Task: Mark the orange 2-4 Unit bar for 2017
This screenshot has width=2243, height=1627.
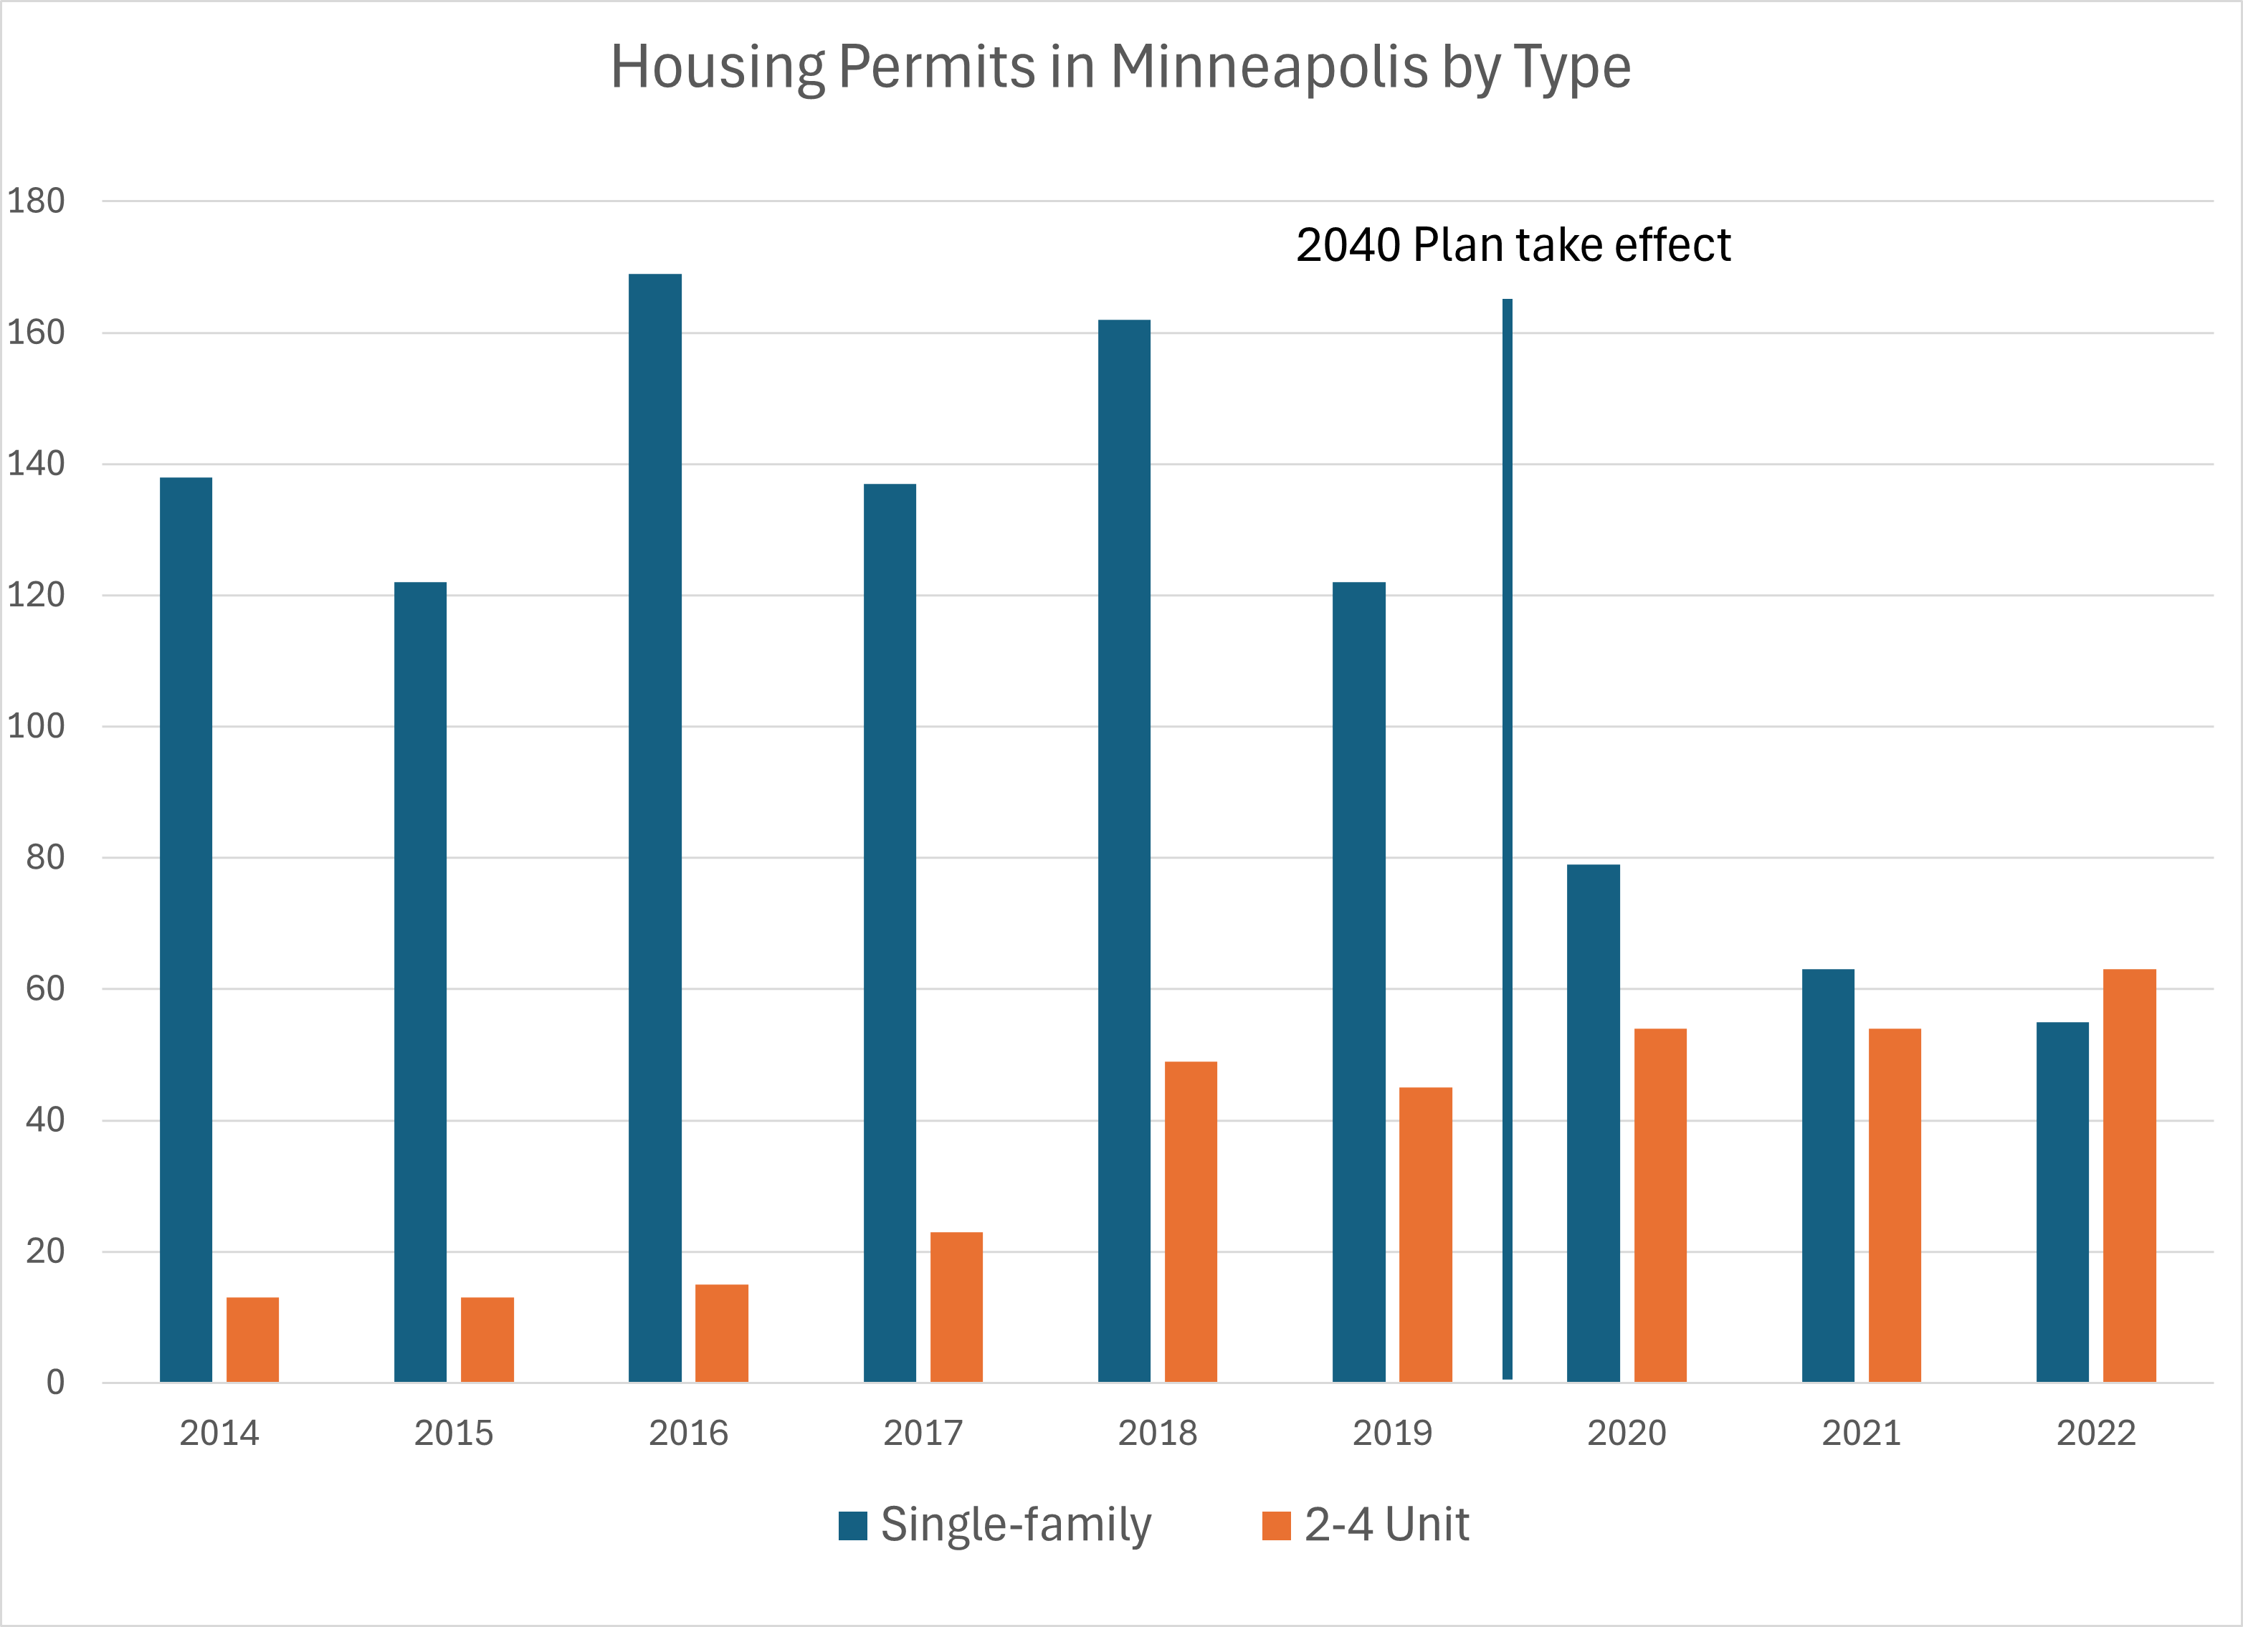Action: [956, 1307]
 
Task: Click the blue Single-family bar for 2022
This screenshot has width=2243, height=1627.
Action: [2062, 1202]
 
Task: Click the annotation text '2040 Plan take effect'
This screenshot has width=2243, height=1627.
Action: [1513, 245]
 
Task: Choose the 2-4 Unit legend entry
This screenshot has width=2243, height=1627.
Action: [1366, 1524]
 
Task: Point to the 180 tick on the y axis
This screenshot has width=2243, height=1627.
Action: [36, 201]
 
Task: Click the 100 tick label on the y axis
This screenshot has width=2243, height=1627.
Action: [36, 726]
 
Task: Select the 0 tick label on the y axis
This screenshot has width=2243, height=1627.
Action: [55, 1382]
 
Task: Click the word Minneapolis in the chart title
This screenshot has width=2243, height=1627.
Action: [1269, 67]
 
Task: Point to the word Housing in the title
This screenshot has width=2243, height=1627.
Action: [717, 67]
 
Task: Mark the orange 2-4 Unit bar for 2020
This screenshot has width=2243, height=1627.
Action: [1659, 1205]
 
